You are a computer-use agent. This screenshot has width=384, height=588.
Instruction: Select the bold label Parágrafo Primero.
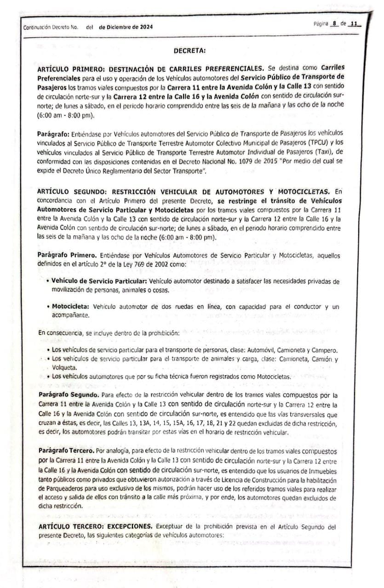[67, 255]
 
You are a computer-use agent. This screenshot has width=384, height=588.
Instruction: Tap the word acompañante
[70, 316]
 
